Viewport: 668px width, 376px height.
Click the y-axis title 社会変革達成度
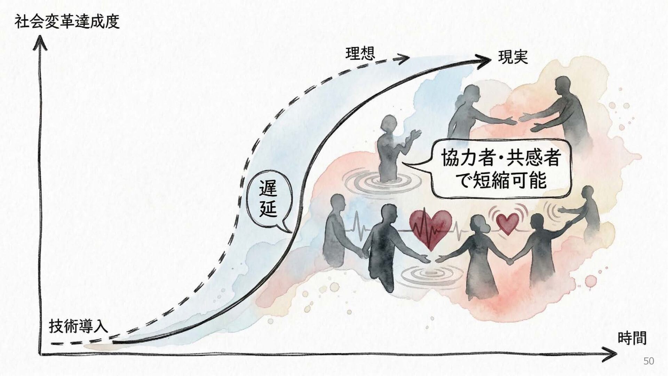tap(67, 22)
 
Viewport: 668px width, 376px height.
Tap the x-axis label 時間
tap(632, 338)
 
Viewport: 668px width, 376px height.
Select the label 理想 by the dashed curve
tap(360, 54)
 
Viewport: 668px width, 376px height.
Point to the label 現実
tap(513, 57)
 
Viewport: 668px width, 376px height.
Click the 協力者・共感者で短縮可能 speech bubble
tap(500, 169)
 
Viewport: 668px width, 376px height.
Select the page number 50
tap(649, 361)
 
